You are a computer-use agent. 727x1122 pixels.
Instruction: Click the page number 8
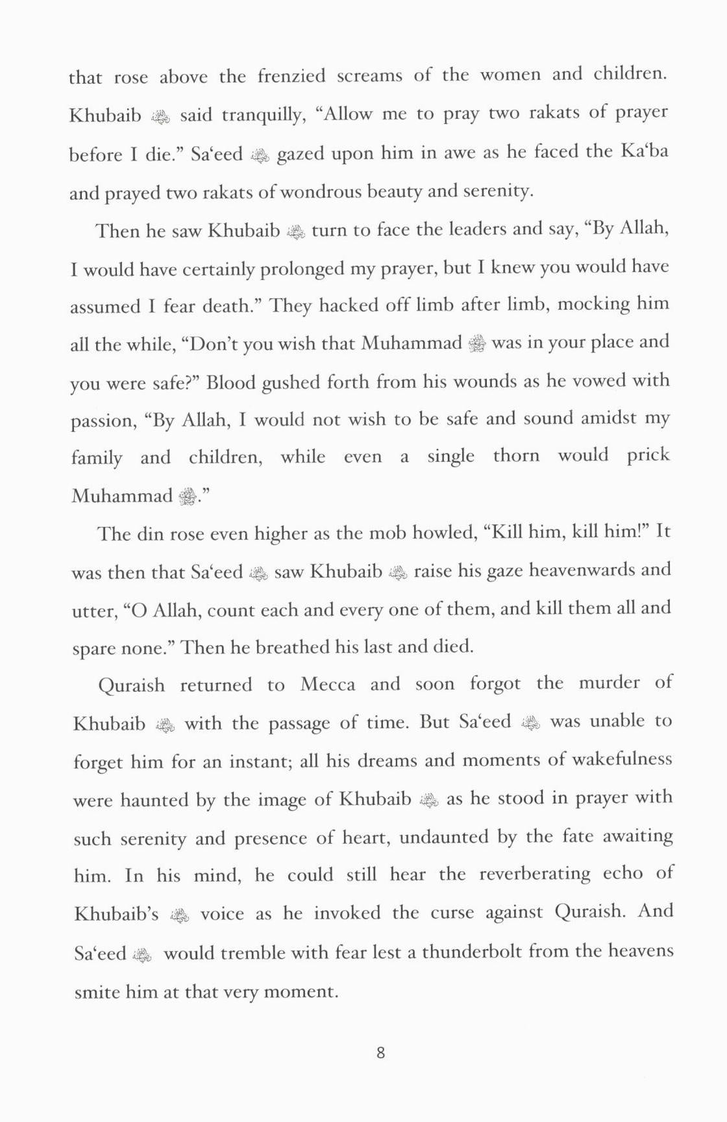point(380,1052)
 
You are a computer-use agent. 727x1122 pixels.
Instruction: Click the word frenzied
point(291,76)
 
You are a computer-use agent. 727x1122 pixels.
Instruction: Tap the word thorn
point(516,455)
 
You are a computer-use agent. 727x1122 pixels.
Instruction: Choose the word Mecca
point(327,685)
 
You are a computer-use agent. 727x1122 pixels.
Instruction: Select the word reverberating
point(535,874)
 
